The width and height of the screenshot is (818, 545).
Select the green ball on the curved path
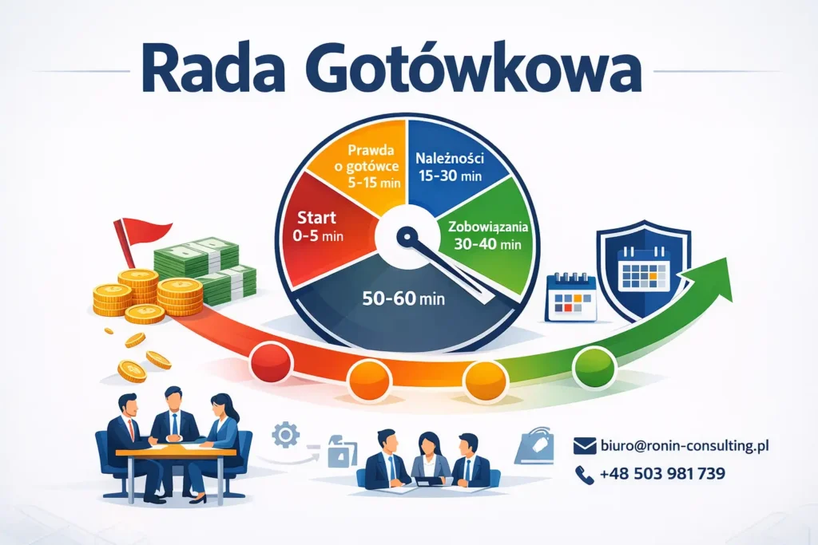(x=590, y=366)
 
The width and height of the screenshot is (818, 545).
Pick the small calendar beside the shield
(x=570, y=296)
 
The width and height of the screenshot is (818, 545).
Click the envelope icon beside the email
(x=586, y=446)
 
